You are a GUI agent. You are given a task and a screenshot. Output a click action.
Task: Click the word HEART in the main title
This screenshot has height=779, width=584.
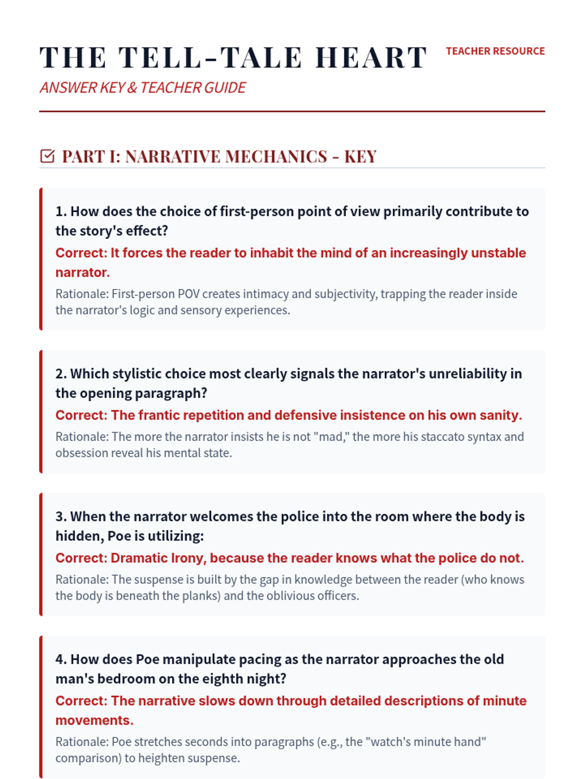371,57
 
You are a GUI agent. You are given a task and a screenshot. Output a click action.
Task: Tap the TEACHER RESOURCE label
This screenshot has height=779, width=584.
495,51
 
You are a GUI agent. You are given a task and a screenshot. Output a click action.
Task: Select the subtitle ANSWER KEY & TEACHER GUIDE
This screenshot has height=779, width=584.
143,88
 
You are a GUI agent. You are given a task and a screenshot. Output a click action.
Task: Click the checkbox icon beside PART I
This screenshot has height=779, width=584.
47,156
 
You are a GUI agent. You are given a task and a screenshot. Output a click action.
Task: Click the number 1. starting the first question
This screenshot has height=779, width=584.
61,211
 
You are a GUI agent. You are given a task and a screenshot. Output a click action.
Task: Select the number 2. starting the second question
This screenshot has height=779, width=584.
61,373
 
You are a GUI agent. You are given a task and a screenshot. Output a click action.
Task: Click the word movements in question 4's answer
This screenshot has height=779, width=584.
94,721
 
